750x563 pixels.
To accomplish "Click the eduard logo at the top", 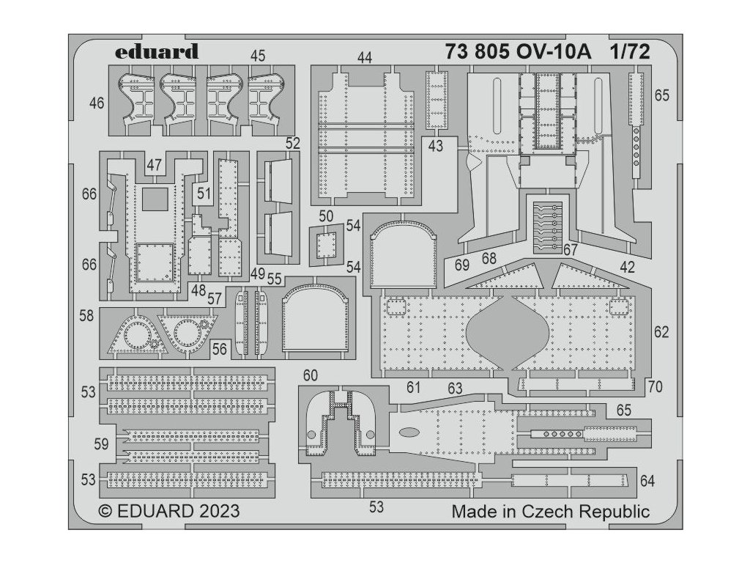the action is pyautogui.click(x=157, y=52).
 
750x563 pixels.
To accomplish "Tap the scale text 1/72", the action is pyautogui.click(x=630, y=52).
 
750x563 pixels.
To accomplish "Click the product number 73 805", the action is pyautogui.click(x=480, y=52).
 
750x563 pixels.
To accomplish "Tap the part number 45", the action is pyautogui.click(x=257, y=56).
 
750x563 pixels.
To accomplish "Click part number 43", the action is pyautogui.click(x=436, y=146).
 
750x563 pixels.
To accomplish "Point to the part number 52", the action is pyautogui.click(x=293, y=144).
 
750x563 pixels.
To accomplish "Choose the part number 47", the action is pyautogui.click(x=153, y=166).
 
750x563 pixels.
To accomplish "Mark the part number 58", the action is pyautogui.click(x=86, y=315).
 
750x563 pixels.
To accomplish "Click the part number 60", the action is pyautogui.click(x=311, y=375).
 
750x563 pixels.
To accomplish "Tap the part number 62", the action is pyautogui.click(x=661, y=332).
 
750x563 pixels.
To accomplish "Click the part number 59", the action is pyautogui.click(x=102, y=444).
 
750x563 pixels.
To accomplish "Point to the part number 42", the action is pyautogui.click(x=627, y=268).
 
